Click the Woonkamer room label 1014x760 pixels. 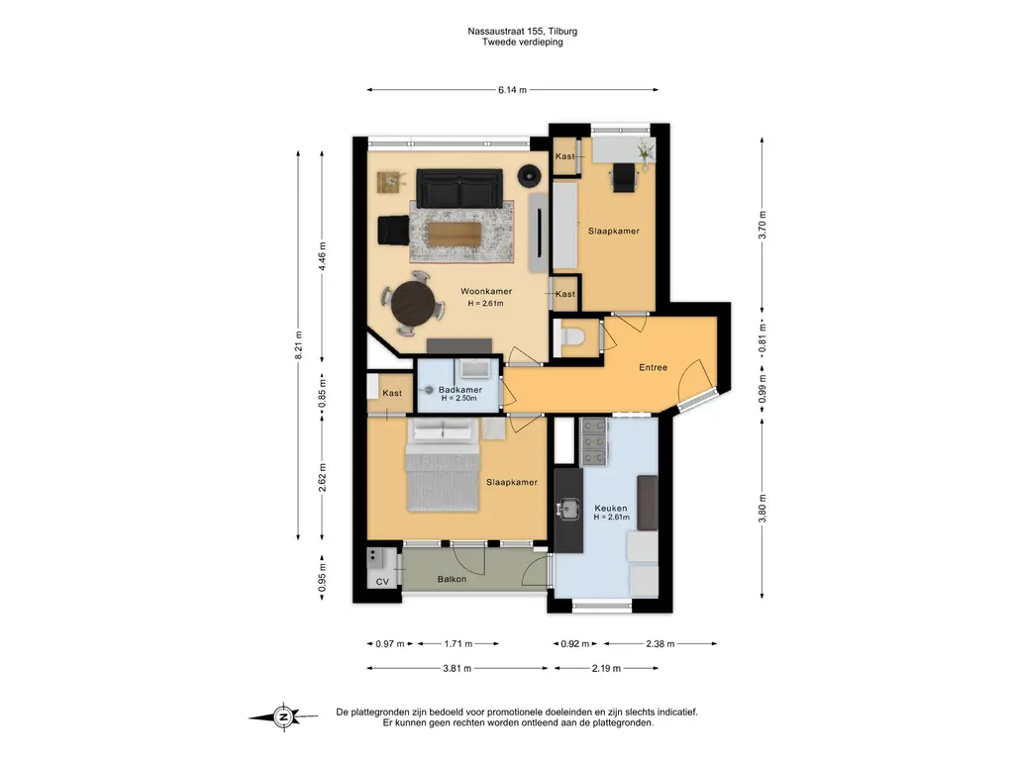click(485, 292)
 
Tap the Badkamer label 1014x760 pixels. click(459, 390)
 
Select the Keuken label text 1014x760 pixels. click(610, 508)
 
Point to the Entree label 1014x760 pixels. click(654, 367)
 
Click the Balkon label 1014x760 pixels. click(452, 579)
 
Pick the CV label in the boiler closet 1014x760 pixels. click(382, 582)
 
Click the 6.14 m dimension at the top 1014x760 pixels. click(512, 90)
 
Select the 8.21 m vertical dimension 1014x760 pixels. click(298, 345)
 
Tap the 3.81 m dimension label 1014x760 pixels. click(456, 668)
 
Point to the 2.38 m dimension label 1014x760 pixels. click(659, 643)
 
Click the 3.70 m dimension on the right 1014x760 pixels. click(762, 225)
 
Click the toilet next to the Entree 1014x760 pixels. click(570, 337)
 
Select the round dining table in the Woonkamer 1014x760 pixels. click(414, 304)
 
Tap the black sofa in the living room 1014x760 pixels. click(459, 188)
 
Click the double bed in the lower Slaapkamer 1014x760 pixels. click(443, 465)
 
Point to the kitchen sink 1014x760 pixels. click(568, 509)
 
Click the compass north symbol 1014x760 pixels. click(283, 716)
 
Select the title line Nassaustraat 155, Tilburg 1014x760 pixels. click(523, 31)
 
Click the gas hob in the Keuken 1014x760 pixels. click(594, 442)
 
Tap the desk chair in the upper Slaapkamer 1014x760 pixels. click(624, 177)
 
